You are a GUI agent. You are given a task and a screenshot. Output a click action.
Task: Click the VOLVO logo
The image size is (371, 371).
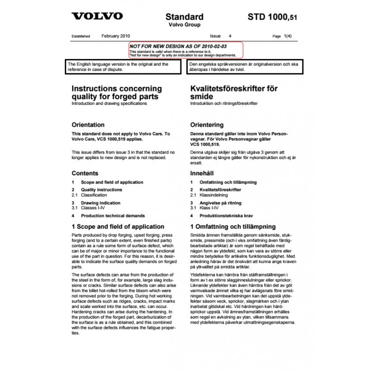[97, 16]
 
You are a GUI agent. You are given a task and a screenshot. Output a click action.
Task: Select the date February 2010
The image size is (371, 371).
[116, 35]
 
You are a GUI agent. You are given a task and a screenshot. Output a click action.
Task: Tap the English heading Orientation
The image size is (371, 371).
[88, 125]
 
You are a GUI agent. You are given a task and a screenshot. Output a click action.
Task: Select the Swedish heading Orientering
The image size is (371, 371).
[207, 125]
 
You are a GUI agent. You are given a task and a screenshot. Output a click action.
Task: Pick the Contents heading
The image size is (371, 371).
[85, 173]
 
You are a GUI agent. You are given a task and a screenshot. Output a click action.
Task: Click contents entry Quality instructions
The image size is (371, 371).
[102, 190]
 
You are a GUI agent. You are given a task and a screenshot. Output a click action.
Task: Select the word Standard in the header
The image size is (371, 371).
[185, 17]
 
